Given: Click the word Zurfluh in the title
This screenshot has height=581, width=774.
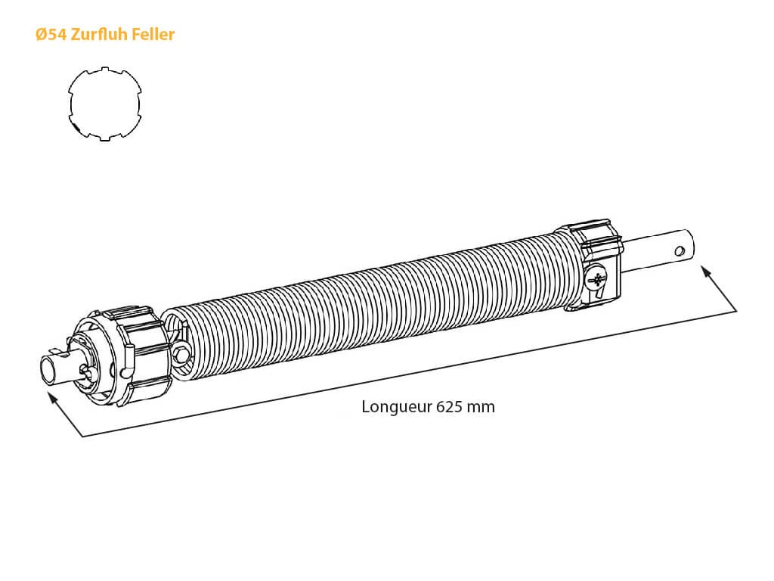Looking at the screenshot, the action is tap(99, 35).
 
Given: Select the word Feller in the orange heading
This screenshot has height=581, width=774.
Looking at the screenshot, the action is tap(153, 35).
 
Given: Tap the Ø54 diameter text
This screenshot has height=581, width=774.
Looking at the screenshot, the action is tap(51, 35).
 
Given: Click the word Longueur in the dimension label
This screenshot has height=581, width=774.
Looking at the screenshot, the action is tap(396, 407).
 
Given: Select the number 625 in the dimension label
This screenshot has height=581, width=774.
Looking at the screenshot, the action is tap(449, 406).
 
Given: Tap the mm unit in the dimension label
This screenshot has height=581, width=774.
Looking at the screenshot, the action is tap(481, 408).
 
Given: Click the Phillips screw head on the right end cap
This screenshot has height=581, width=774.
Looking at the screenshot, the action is tap(596, 280).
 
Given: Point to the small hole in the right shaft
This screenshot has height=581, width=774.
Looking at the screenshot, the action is tap(680, 251).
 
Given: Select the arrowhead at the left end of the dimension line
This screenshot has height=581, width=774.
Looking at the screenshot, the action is tap(52, 397).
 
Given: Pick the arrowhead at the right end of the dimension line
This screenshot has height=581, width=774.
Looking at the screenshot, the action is tap(706, 272).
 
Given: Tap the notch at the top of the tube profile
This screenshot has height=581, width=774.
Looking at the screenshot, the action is tap(104, 70).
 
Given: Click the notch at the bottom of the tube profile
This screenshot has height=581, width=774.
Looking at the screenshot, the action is tap(104, 138).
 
